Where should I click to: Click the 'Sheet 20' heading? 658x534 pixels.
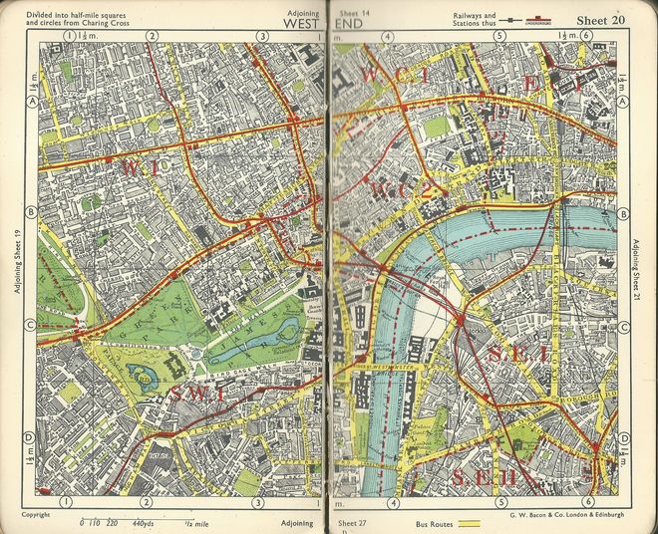pyautogui.click(x=600, y=20)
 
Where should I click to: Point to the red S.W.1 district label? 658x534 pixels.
pyautogui.click(x=199, y=395)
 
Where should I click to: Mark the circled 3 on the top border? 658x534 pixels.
pyautogui.click(x=262, y=36)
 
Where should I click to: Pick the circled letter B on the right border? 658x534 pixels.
pyautogui.click(x=624, y=214)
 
